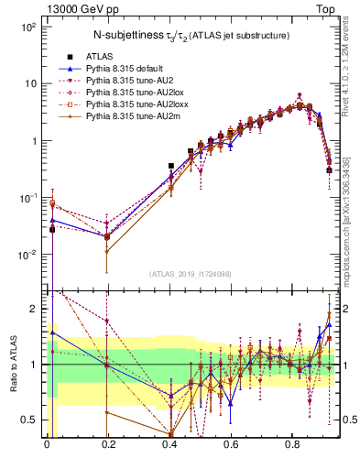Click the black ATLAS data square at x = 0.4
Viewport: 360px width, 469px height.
point(170,166)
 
